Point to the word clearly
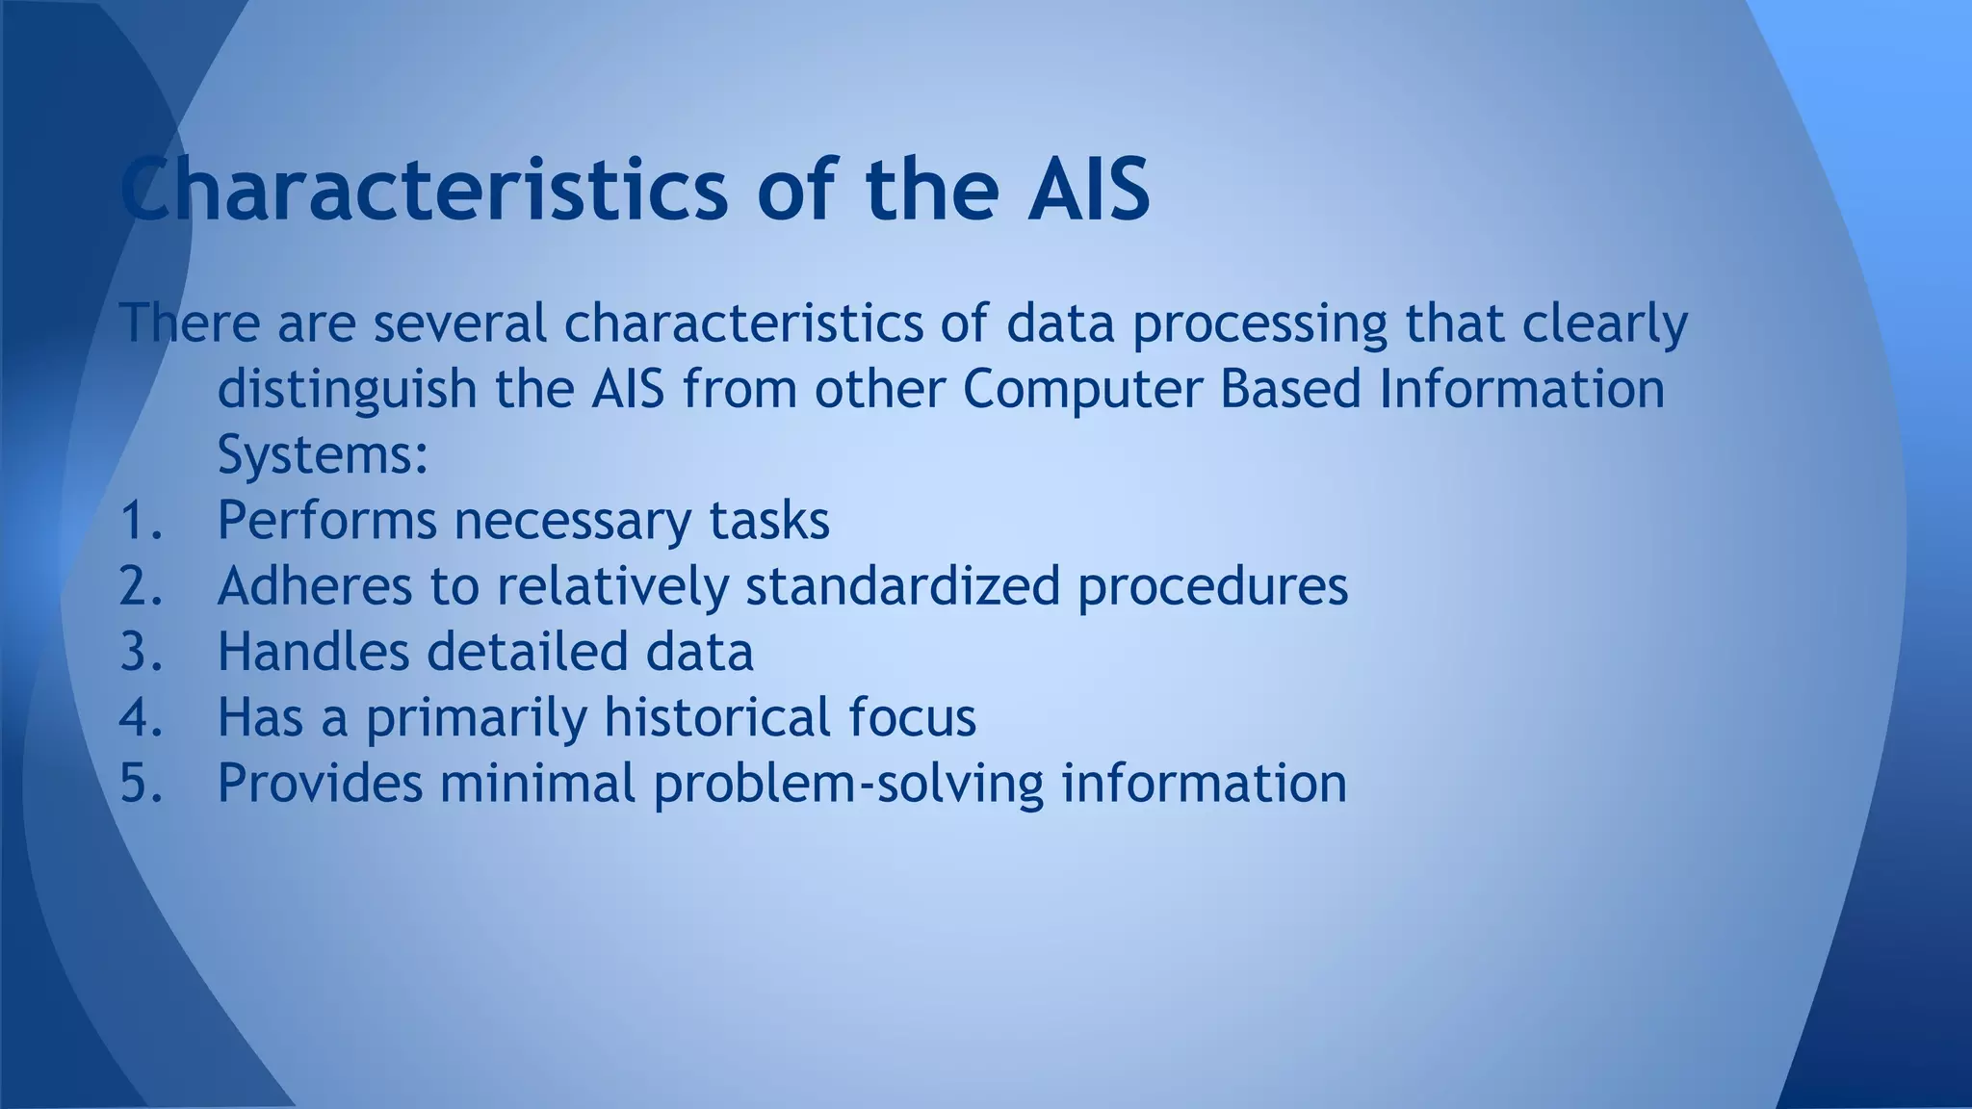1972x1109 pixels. click(x=1604, y=324)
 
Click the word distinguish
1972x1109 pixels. click(x=347, y=390)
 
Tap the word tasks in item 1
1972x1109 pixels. click(x=768, y=521)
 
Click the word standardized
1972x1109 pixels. click(x=902, y=586)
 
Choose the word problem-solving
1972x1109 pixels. click(x=848, y=784)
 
